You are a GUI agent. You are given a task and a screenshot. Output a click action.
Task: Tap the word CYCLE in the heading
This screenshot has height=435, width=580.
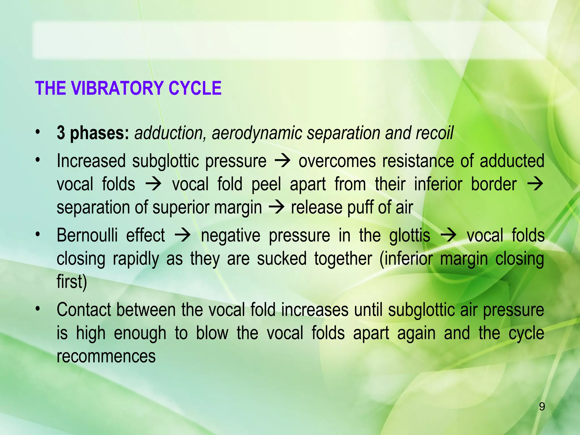(x=195, y=88)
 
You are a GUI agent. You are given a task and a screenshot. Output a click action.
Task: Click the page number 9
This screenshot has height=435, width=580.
(x=541, y=407)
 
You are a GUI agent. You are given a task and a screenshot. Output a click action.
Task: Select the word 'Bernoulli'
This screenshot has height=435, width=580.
(x=87, y=235)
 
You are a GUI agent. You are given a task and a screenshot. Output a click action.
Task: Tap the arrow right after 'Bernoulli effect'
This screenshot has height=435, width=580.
(x=183, y=236)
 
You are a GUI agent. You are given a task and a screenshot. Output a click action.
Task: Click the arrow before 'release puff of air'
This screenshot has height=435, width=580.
(x=276, y=208)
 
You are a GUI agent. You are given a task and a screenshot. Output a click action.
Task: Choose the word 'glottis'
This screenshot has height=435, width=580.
(x=410, y=236)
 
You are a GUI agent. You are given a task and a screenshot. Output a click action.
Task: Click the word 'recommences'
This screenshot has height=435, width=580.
(x=106, y=356)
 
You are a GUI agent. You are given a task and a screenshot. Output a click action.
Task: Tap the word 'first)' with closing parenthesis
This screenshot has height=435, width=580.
(x=72, y=282)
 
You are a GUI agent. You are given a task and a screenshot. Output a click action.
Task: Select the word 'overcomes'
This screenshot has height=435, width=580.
(x=337, y=161)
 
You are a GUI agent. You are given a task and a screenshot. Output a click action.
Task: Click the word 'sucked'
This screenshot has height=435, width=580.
(x=282, y=259)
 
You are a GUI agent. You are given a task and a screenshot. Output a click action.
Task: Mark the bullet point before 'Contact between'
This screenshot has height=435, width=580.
(x=38, y=310)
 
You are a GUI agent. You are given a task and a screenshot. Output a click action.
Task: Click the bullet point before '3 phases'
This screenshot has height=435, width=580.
(x=38, y=132)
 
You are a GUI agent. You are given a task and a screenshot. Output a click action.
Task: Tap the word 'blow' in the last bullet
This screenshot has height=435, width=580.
(x=212, y=333)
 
